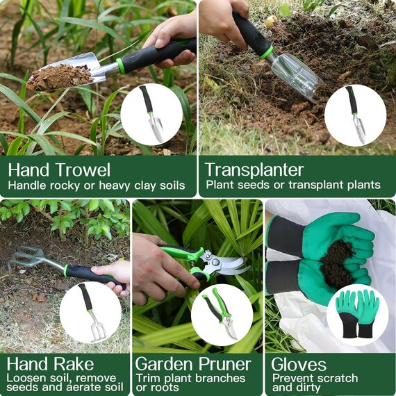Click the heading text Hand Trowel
(x=59, y=170)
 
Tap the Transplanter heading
(x=254, y=170)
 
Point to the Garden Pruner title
(x=193, y=364)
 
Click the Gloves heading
(x=299, y=364)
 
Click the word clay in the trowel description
(x=145, y=185)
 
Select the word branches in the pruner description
(x=220, y=378)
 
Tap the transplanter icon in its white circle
(x=355, y=115)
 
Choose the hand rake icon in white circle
(x=90, y=312)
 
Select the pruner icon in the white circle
(x=221, y=315)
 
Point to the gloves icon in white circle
(x=357, y=314)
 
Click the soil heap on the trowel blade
(x=58, y=76)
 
